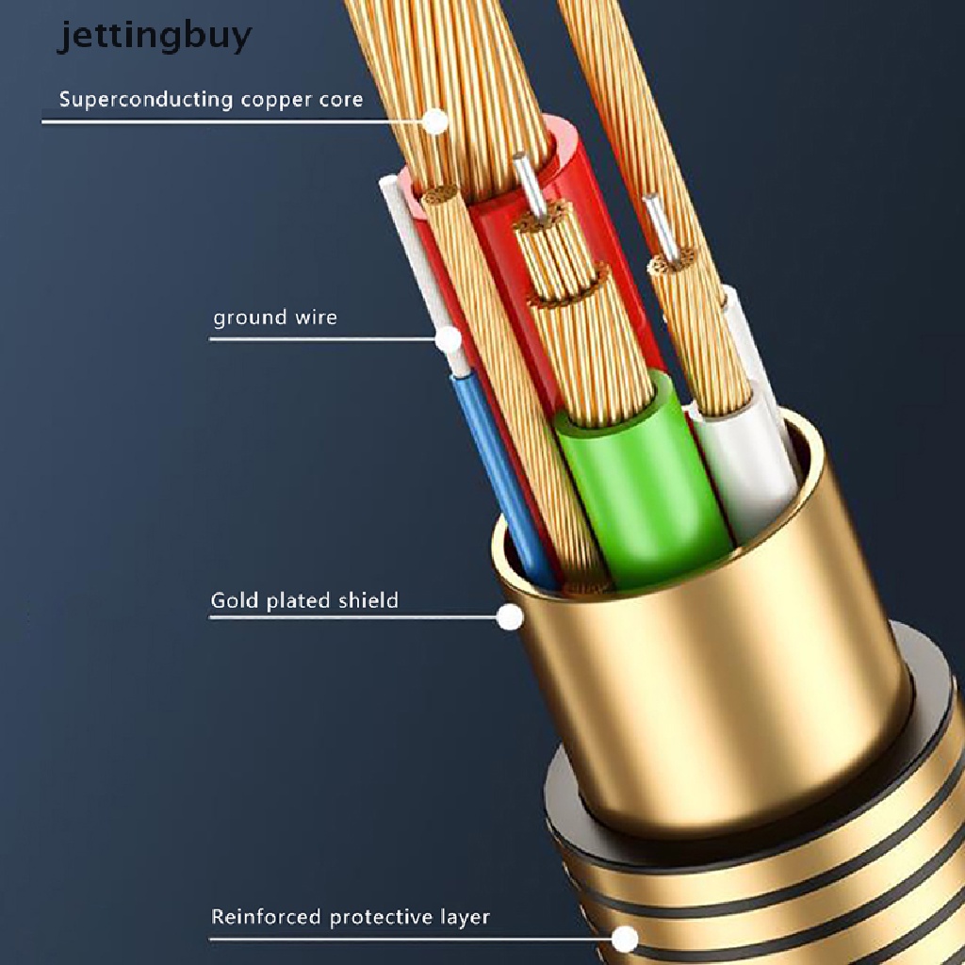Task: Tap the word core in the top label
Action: (341, 99)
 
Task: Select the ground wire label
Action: (274, 317)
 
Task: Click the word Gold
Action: (233, 599)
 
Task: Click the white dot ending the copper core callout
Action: (434, 122)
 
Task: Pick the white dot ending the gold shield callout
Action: (510, 617)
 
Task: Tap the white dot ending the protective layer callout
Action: (624, 939)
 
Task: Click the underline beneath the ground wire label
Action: (320, 339)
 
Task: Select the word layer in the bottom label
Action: (465, 917)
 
